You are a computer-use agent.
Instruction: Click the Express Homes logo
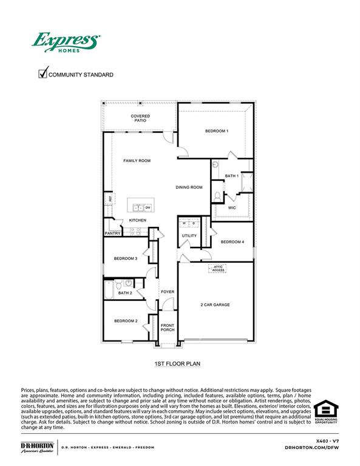(x=66, y=42)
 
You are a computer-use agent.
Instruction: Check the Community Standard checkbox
(x=43, y=74)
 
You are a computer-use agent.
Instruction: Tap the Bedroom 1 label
(x=216, y=131)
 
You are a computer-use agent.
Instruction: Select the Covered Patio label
(x=140, y=118)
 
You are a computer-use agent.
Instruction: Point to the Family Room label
(x=137, y=161)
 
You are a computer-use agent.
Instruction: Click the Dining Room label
(x=189, y=187)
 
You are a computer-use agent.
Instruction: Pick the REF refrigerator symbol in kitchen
(x=110, y=198)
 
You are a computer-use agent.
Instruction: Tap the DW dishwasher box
(x=148, y=208)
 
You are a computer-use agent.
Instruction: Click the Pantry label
(x=112, y=233)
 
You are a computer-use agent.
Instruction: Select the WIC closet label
(x=232, y=208)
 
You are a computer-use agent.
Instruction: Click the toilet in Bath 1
(x=217, y=196)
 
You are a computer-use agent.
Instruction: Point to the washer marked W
(x=183, y=224)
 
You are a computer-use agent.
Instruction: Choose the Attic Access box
(x=218, y=268)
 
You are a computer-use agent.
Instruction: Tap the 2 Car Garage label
(x=215, y=305)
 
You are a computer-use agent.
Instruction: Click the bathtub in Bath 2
(x=109, y=290)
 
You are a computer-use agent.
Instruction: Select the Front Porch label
(x=168, y=328)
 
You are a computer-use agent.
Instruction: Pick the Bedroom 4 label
(x=232, y=242)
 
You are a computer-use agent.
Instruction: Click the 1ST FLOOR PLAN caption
(x=177, y=364)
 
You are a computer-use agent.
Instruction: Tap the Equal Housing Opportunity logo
(x=326, y=413)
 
